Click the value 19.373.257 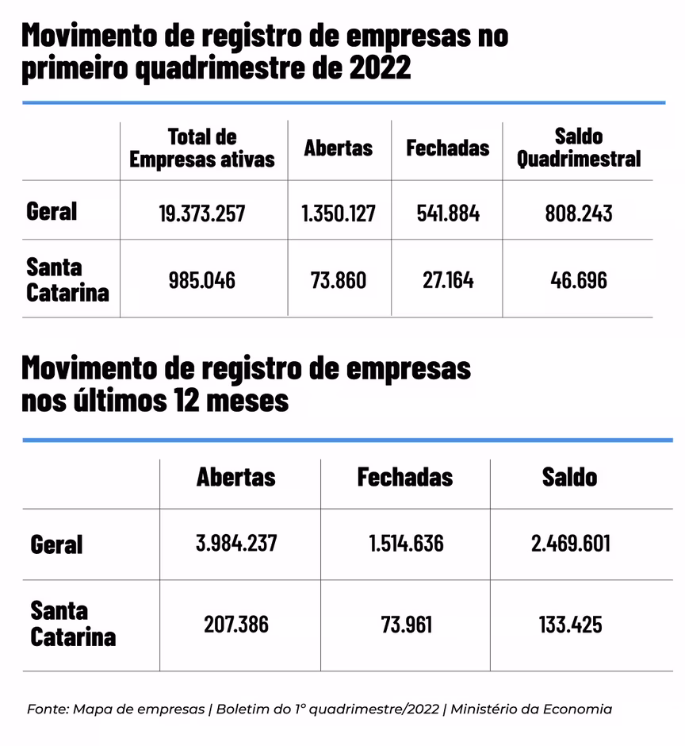click(201, 213)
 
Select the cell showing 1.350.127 click(339, 213)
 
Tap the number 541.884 click(447, 213)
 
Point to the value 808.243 click(578, 213)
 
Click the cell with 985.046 click(201, 279)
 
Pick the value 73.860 click(339, 279)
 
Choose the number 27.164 click(447, 279)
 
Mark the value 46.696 click(578, 279)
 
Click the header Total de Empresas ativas click(201, 148)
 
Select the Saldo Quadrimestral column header click(578, 148)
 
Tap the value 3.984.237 click(236, 544)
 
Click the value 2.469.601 click(571, 544)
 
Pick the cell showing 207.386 click(236, 624)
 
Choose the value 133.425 click(571, 624)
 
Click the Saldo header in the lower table click(570, 476)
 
